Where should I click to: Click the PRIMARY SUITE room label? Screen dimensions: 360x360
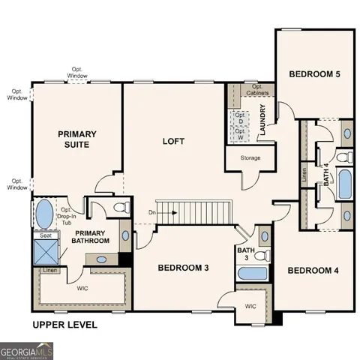tap(77, 139)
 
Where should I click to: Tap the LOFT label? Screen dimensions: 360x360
tap(174, 140)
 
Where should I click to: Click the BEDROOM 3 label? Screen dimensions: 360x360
tap(182, 267)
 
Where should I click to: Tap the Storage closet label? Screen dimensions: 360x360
tap(250, 159)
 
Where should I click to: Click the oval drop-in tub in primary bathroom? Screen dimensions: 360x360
tap(44, 213)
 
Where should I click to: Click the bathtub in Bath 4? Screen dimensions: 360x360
tap(345, 183)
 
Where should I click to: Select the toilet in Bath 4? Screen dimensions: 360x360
tap(343, 157)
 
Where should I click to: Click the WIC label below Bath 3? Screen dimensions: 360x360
tap(251, 306)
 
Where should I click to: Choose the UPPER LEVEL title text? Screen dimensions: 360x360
tap(64, 325)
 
